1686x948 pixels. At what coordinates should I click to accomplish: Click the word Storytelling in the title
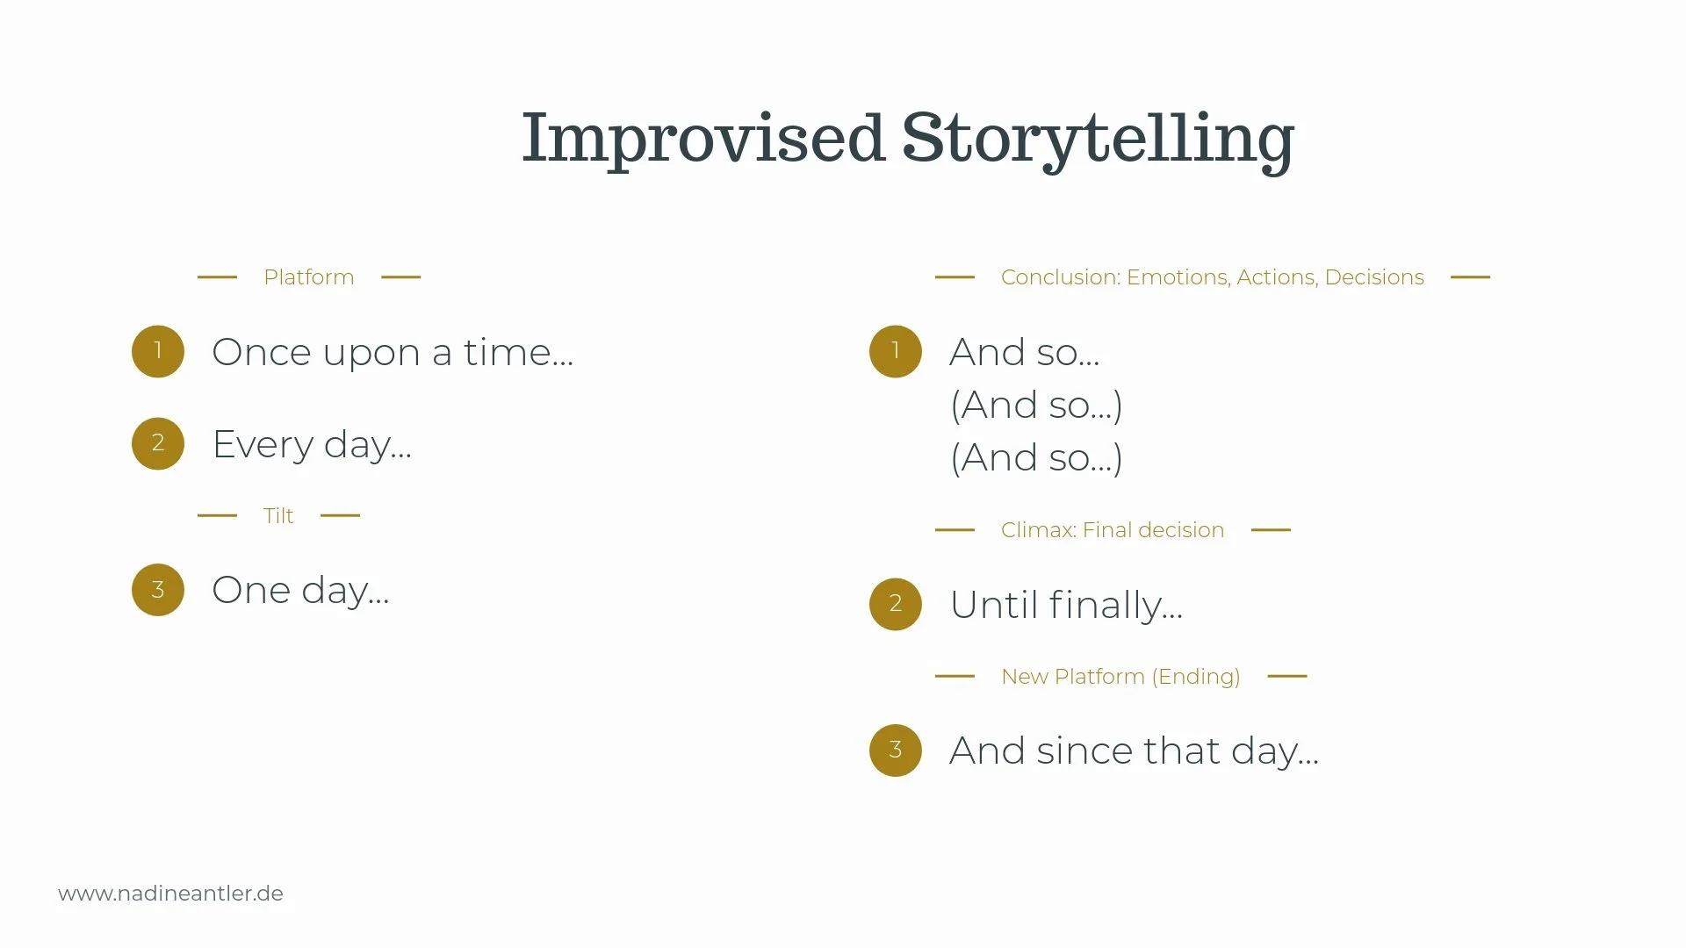[x=1098, y=139]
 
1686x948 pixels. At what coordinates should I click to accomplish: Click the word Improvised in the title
[x=702, y=139]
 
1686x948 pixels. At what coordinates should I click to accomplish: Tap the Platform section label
[x=308, y=277]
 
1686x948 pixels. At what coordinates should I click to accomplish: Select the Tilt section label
[x=278, y=516]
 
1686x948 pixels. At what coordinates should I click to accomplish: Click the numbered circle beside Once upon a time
[x=158, y=351]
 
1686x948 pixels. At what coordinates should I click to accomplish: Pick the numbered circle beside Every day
[x=158, y=443]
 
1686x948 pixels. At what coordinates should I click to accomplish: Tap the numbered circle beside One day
[x=158, y=590]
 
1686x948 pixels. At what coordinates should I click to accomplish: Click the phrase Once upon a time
[x=393, y=352]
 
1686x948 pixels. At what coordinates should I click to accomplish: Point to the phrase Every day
[x=312, y=444]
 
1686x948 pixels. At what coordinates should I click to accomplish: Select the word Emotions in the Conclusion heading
[x=1177, y=277]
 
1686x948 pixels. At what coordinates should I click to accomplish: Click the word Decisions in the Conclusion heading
[x=1374, y=277]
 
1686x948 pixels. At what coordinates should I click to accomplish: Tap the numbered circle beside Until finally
[x=896, y=604]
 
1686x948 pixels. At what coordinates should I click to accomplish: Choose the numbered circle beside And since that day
[x=896, y=750]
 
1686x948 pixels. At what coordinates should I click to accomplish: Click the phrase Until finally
[x=1066, y=605]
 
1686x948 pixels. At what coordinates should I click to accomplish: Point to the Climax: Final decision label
[x=1112, y=530]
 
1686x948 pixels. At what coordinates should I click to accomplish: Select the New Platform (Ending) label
[x=1120, y=677]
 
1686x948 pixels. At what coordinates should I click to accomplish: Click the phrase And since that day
[x=1134, y=751]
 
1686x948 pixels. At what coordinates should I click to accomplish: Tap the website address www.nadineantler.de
[x=170, y=894]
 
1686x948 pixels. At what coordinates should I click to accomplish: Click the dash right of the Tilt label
[x=341, y=515]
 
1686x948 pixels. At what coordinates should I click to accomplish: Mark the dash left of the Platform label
[x=217, y=276]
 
